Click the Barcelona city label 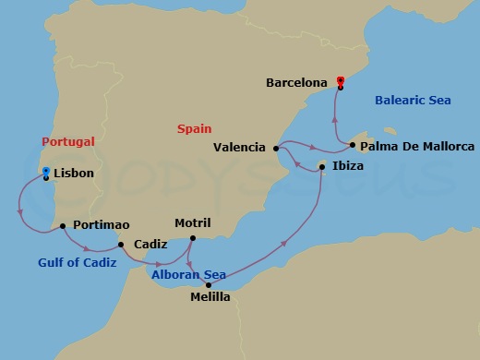(296, 82)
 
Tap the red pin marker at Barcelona (341, 81)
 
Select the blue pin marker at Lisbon (46, 172)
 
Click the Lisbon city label (74, 172)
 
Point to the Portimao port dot (62, 225)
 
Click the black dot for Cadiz (121, 245)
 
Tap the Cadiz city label (150, 245)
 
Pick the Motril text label (193, 223)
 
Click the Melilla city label (210, 297)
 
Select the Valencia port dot (277, 147)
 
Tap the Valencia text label (239, 147)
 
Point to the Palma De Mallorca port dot (353, 145)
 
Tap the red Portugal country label (68, 141)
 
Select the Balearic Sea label (413, 100)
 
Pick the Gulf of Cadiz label (78, 262)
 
